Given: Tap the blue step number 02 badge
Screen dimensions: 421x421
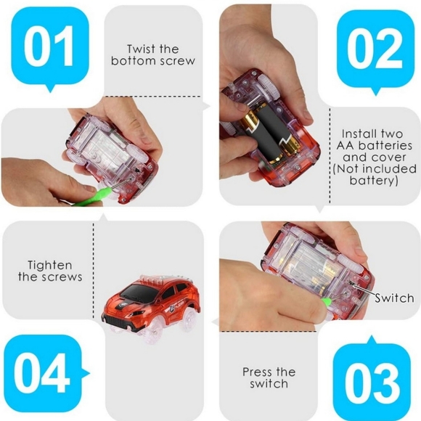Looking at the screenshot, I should coord(373,47).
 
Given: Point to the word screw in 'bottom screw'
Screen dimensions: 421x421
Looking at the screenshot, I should coord(178,61).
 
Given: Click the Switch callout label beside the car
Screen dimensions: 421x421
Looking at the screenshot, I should coord(394,298).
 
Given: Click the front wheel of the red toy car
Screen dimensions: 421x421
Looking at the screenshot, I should coord(118,324).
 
